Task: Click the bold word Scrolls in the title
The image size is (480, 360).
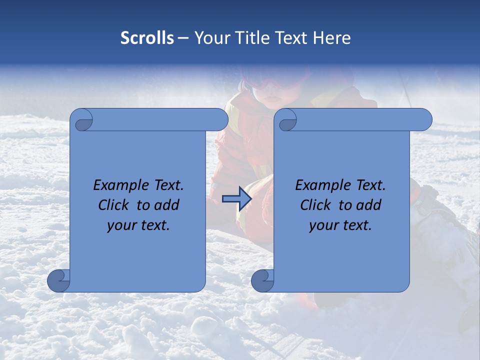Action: (147, 38)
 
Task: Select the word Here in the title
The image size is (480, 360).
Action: (331, 38)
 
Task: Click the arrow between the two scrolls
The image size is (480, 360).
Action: (236, 198)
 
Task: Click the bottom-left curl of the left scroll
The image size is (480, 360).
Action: (58, 280)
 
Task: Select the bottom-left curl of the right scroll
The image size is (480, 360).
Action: (262, 280)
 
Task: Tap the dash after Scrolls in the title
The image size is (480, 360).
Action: (183, 38)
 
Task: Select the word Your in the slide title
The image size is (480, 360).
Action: (209, 38)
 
